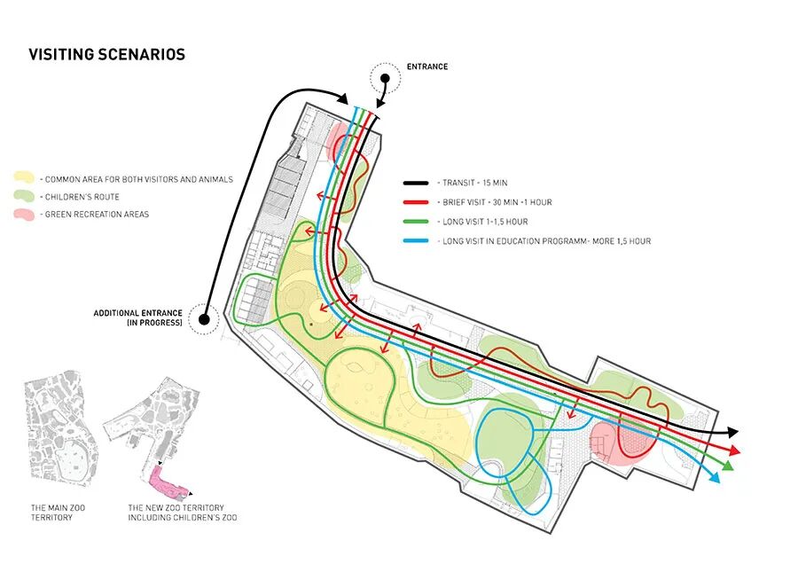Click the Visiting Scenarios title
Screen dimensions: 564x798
[106, 54]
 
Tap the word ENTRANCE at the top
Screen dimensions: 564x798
[427, 67]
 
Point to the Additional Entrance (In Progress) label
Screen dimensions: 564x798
[138, 318]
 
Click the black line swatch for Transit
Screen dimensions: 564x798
[417, 183]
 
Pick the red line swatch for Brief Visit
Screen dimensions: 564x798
[417, 202]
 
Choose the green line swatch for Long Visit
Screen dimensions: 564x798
[417, 222]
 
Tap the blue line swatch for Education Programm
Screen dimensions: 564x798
[417, 241]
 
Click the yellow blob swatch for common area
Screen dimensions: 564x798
[23, 179]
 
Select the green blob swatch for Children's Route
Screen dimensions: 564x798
[23, 197]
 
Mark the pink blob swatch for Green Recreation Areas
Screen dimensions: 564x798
[23, 215]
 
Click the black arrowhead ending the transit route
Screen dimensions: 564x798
[732, 432]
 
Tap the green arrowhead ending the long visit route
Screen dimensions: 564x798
[726, 466]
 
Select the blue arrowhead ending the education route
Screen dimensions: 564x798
[715, 478]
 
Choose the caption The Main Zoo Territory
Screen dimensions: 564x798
[52, 512]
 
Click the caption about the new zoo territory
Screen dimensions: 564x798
[182, 512]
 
